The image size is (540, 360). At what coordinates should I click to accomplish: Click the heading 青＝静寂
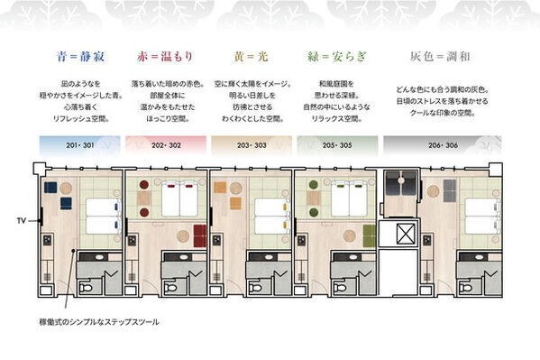[75, 53]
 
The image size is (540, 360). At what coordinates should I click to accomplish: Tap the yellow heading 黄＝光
[243, 53]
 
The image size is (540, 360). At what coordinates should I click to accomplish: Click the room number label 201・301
[73, 143]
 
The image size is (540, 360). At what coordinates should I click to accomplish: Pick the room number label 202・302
[159, 143]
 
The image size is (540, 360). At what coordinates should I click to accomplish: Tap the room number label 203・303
[244, 143]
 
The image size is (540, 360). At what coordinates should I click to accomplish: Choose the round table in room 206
[434, 190]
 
